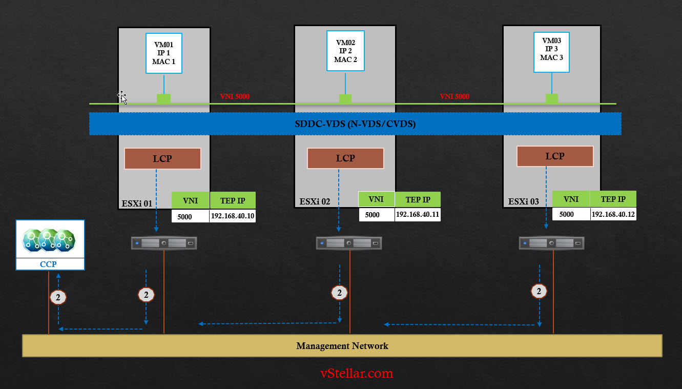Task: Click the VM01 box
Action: pyautogui.click(x=164, y=53)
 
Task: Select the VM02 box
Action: pyautogui.click(x=345, y=51)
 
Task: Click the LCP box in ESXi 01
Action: pyautogui.click(x=162, y=159)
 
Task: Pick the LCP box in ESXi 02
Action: pyautogui.click(x=345, y=158)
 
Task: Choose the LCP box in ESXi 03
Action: pyautogui.click(x=555, y=156)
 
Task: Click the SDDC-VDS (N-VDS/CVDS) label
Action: pyautogui.click(x=355, y=124)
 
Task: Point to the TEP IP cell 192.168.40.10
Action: pyautogui.click(x=233, y=216)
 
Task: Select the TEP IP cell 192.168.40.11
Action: pyautogui.click(x=418, y=215)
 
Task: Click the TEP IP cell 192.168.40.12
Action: pyautogui.click(x=613, y=214)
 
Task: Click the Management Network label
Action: pyautogui.click(x=342, y=346)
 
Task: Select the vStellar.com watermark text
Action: pyautogui.click(x=357, y=373)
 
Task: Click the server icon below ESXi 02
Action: pyautogui.click(x=349, y=243)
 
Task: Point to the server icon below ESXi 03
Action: pyautogui.click(x=551, y=243)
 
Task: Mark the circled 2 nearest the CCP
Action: pyautogui.click(x=58, y=297)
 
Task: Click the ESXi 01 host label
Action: pyautogui.click(x=137, y=203)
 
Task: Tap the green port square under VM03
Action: pyautogui.click(x=552, y=99)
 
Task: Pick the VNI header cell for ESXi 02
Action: pyautogui.click(x=376, y=199)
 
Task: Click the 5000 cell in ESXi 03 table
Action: pyautogui.click(x=567, y=214)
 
